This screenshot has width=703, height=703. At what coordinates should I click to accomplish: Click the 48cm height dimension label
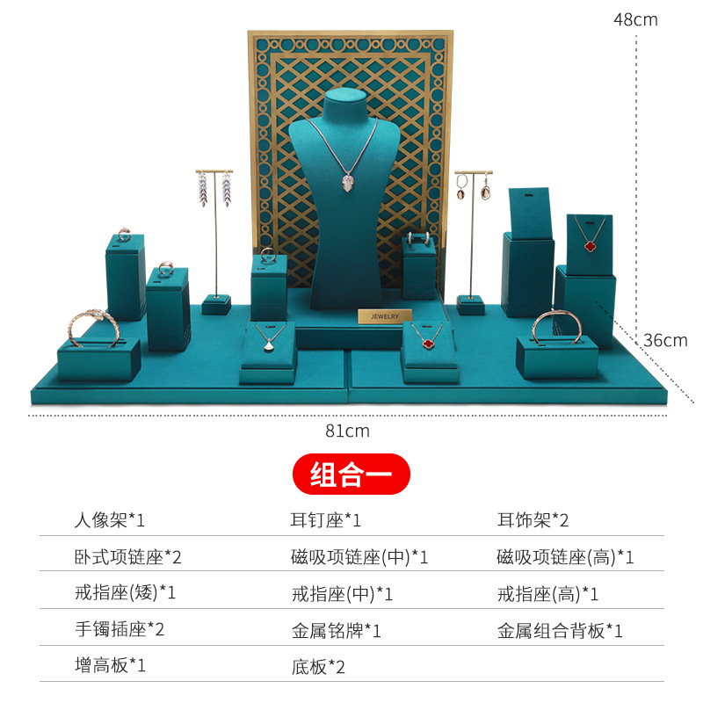634,19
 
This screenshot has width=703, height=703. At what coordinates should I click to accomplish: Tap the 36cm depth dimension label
665,341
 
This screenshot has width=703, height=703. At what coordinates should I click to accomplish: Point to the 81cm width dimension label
347,431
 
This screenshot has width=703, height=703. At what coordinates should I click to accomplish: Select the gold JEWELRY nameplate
384,316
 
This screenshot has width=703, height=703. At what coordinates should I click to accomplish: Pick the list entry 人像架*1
109,519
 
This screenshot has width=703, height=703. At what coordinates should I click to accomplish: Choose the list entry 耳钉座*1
326,519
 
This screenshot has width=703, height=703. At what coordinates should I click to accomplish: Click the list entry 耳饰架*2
533,519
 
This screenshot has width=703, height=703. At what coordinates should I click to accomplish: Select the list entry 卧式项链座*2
127,556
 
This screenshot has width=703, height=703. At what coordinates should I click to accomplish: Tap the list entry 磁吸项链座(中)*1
359,556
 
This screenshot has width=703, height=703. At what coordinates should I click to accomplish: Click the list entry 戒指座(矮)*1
125,593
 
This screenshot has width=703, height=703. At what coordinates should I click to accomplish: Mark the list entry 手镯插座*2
119,629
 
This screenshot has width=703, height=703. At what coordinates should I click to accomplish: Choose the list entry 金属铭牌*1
336,629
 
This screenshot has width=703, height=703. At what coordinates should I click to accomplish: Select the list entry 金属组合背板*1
560,629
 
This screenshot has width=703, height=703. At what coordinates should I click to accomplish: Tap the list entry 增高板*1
109,666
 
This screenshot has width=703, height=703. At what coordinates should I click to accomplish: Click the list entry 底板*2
318,666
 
